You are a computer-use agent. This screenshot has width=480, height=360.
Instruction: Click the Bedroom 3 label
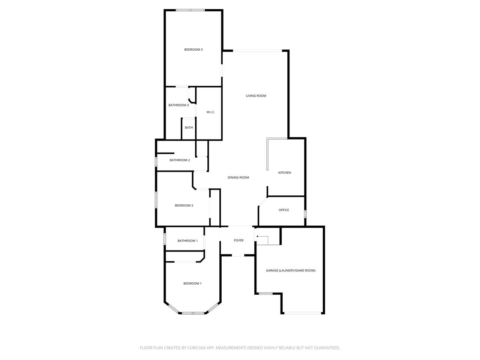click(x=193, y=49)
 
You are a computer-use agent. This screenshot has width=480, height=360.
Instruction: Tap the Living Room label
click(x=256, y=96)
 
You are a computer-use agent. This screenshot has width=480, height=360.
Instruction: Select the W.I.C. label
click(x=211, y=112)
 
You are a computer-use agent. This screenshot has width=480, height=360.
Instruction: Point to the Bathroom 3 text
click(x=178, y=105)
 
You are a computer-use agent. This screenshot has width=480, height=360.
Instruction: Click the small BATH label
click(x=189, y=127)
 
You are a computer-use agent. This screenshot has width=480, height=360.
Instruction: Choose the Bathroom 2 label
click(x=180, y=160)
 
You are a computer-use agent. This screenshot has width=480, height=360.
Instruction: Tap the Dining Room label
click(x=238, y=177)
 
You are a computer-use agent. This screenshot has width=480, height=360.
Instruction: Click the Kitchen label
click(x=285, y=172)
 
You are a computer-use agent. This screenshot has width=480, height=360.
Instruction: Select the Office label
click(x=283, y=210)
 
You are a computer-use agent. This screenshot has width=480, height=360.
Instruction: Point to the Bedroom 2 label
click(x=184, y=205)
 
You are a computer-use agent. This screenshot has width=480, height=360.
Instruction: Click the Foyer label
click(x=238, y=240)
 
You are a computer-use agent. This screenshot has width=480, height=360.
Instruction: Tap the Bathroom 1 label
click(x=187, y=241)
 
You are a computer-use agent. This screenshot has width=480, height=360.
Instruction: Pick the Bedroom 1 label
click(x=192, y=283)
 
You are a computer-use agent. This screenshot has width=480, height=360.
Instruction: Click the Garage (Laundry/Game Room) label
click(x=290, y=271)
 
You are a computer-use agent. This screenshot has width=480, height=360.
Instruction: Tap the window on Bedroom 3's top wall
click(x=190, y=10)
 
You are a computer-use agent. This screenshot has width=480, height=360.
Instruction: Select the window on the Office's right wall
click(x=305, y=214)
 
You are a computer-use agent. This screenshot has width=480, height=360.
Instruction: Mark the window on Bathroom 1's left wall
click(x=165, y=239)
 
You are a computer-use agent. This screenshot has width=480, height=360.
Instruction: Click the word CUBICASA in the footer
click(x=196, y=348)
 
